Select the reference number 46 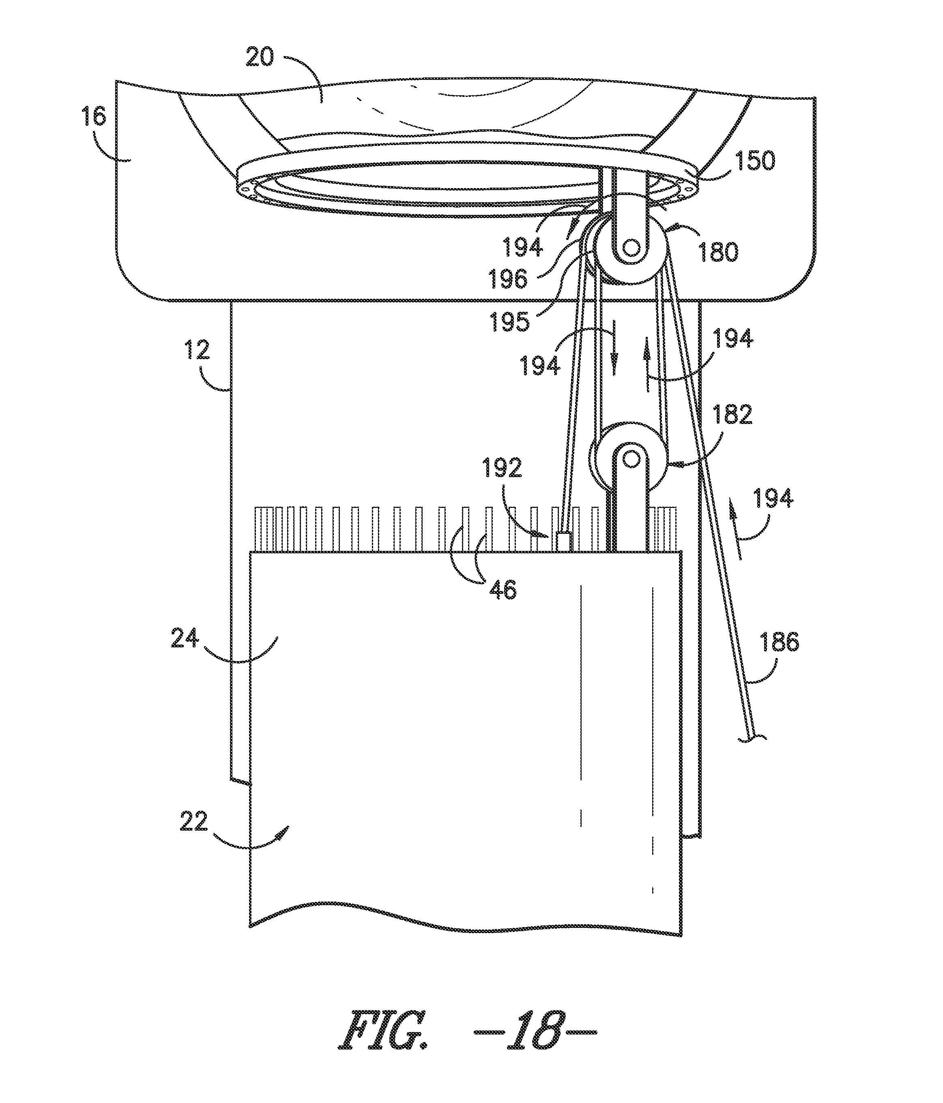point(503,590)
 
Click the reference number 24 point(184,638)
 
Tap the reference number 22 point(193,822)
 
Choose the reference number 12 point(198,350)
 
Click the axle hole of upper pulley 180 point(631,248)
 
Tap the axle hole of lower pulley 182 point(631,459)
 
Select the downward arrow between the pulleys point(614,348)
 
